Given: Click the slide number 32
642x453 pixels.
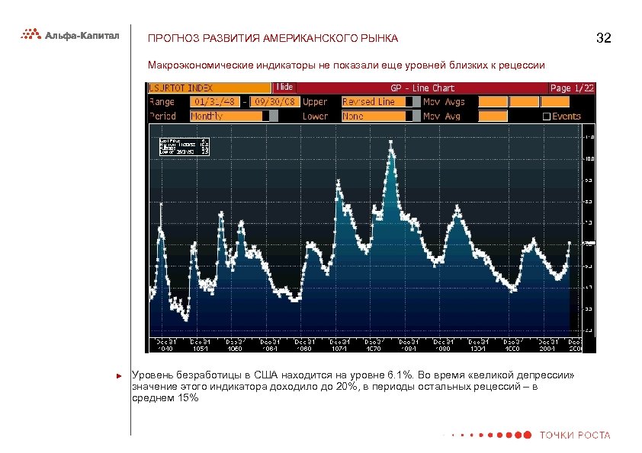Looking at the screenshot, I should point(604,38).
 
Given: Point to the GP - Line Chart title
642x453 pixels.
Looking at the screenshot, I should point(422,88).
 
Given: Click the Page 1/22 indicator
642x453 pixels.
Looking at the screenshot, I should point(571,88).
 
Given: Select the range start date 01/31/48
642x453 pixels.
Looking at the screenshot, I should point(216,102).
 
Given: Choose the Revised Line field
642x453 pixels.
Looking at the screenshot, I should point(373,102).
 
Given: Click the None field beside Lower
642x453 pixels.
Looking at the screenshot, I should point(373,116).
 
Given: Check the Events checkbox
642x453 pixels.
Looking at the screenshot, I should point(545,116).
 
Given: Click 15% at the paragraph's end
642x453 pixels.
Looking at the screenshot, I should point(188,397).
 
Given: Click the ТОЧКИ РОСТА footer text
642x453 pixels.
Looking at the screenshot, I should point(575,435).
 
